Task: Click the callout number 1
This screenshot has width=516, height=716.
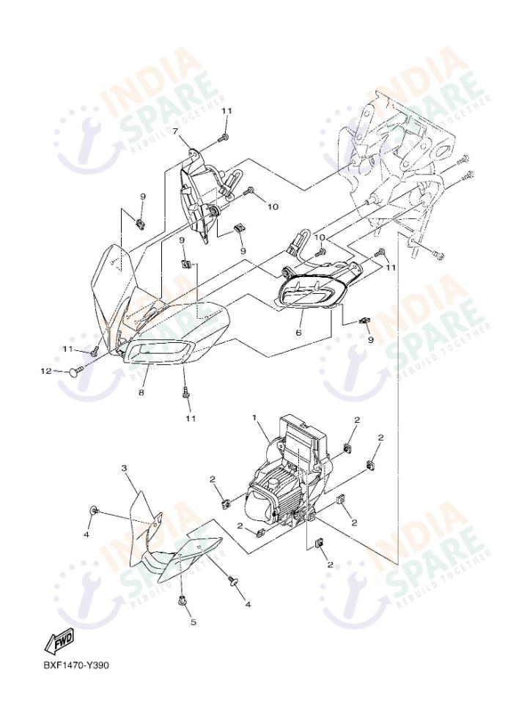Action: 254,418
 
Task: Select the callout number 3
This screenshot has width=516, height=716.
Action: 124,468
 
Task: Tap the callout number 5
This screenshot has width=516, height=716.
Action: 193,622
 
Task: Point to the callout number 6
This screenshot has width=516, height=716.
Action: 298,333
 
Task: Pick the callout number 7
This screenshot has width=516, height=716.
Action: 175,131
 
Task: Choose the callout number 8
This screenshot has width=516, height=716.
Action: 141,392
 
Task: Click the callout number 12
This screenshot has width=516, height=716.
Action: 46,372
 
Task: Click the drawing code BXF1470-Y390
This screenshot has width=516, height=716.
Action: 76,665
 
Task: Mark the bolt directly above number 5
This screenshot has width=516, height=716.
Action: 183,600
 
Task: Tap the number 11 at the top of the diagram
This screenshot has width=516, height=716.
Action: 227,111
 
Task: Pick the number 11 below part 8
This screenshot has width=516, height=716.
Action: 191,418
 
